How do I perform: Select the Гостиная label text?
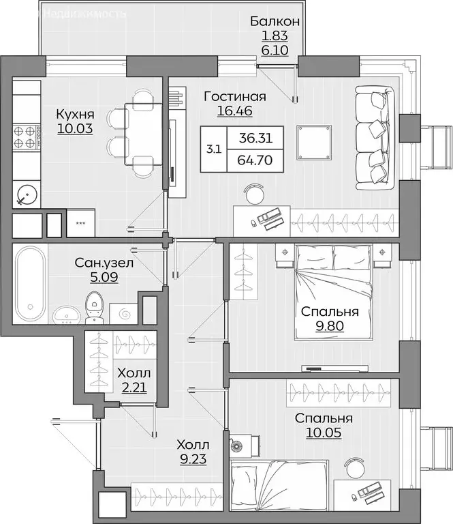[x=234, y=96]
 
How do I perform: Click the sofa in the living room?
[x=374, y=139]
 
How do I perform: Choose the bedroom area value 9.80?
[x=330, y=325]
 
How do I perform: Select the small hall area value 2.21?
[x=133, y=389]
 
